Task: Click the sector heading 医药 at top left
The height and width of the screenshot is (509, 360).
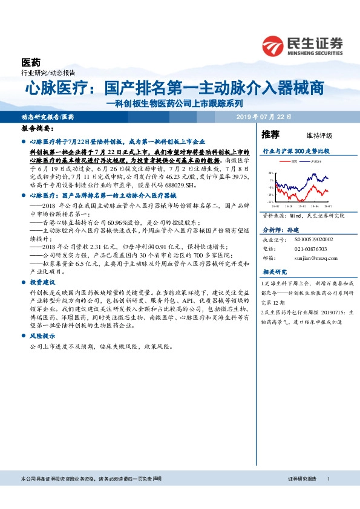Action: pyautogui.click(x=31, y=63)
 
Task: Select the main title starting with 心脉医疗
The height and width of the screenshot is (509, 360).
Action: pyautogui.click(x=174, y=88)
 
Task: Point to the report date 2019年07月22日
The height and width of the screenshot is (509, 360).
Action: pyautogui.click(x=264, y=116)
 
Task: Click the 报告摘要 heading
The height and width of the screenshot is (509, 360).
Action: pyautogui.click(x=38, y=129)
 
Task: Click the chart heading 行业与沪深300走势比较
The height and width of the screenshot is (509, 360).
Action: pyautogui.click(x=295, y=151)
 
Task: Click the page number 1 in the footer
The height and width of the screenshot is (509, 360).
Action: pyautogui.click(x=328, y=479)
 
